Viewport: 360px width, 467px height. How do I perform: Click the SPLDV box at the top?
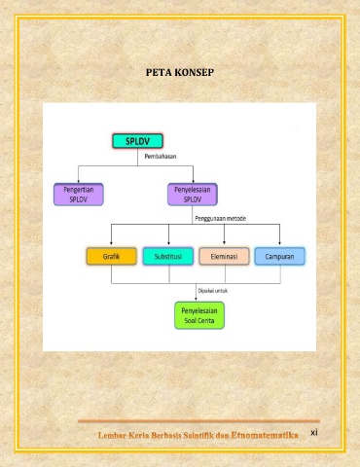pyautogui.click(x=137, y=141)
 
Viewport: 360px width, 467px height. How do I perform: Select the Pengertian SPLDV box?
pyautogui.click(x=79, y=195)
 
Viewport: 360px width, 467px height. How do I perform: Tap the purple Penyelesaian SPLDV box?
pyautogui.click(x=193, y=195)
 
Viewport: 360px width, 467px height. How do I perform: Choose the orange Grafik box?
pyautogui.click(x=112, y=257)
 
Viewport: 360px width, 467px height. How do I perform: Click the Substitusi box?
pyautogui.click(x=168, y=257)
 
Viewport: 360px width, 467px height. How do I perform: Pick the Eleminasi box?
pyautogui.click(x=224, y=257)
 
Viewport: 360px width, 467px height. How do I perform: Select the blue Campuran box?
pyautogui.click(x=279, y=257)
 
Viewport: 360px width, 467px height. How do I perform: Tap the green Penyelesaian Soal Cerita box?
pyautogui.click(x=199, y=315)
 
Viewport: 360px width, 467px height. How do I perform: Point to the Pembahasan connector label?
pyautogui.click(x=161, y=157)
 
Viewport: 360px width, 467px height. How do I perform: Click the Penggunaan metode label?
pyautogui.click(x=221, y=219)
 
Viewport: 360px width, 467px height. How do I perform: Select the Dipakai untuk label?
pyautogui.click(x=213, y=291)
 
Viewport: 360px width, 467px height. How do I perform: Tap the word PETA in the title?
pyautogui.click(x=157, y=72)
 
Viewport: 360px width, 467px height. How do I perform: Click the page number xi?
pyautogui.click(x=314, y=432)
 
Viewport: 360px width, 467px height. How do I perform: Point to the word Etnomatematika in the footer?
pyautogui.click(x=265, y=435)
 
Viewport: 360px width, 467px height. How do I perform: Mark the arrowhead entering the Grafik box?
pyautogui.click(x=111, y=243)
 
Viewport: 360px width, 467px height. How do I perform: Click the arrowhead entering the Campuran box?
pyautogui.click(x=279, y=243)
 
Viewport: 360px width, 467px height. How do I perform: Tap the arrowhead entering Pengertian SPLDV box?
pyautogui.click(x=79, y=181)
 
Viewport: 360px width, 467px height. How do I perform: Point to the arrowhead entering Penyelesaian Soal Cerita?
pyautogui.click(x=196, y=299)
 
